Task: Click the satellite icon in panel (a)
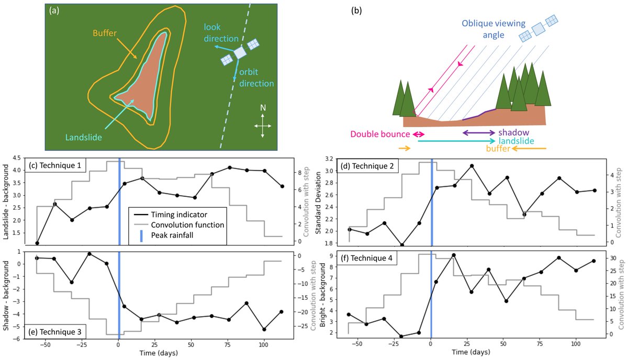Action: tap(240, 53)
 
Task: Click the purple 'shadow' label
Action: tap(514, 133)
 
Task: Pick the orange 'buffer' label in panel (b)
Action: tap(498, 149)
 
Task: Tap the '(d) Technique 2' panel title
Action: tap(370, 166)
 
